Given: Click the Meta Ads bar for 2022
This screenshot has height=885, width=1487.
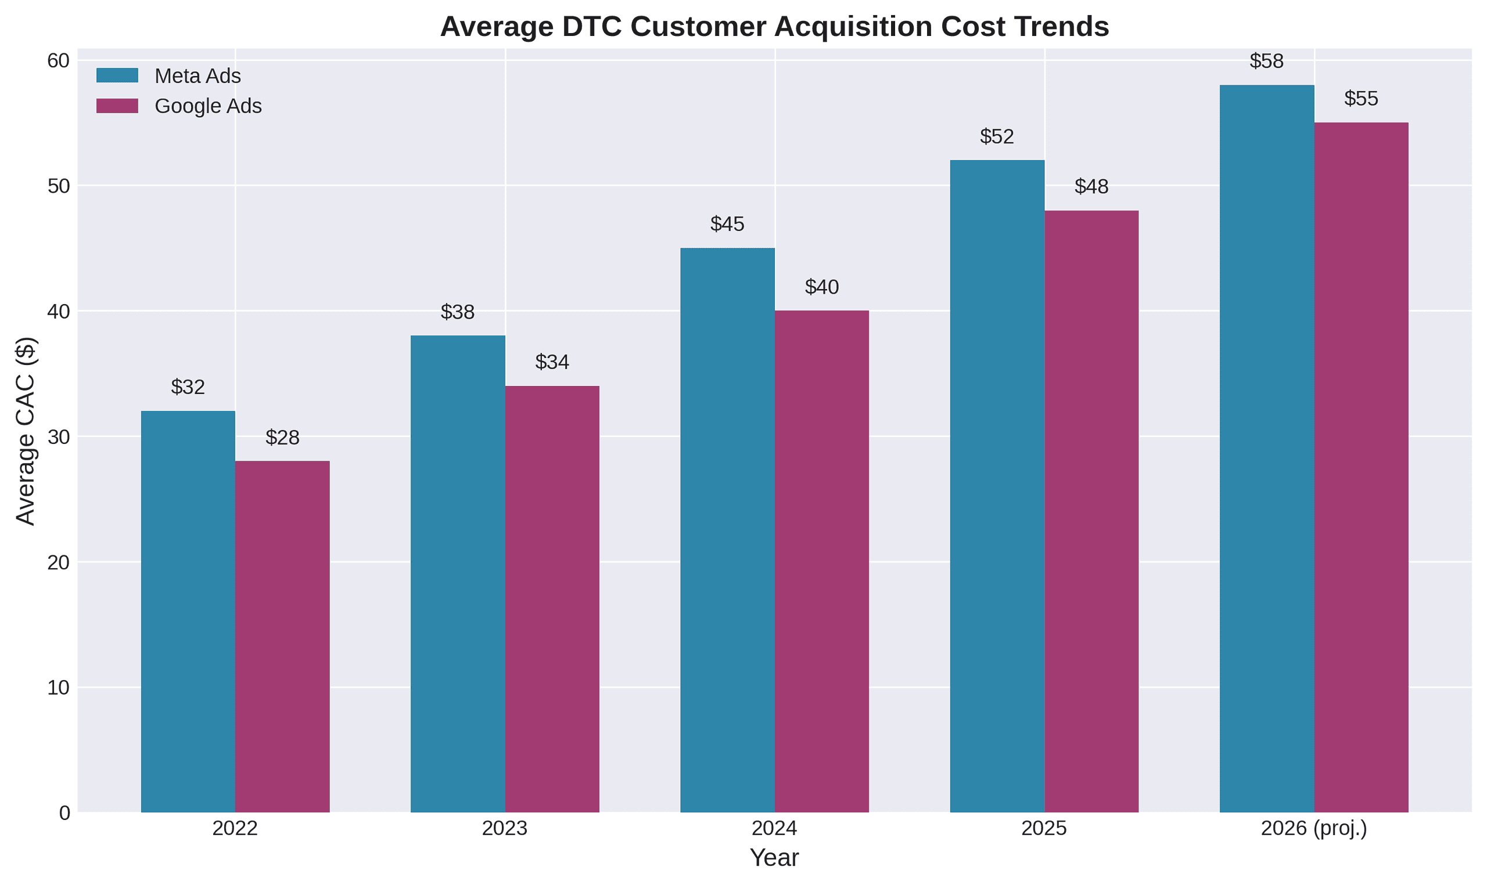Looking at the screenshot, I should tap(188, 611).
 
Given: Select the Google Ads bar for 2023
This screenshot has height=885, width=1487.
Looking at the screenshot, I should tap(552, 599).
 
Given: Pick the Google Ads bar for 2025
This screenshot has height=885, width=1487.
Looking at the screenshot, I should tap(1091, 511).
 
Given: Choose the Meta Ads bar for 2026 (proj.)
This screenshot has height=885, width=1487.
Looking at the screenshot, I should tap(1266, 449).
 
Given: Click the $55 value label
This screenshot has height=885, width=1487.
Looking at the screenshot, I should tap(1361, 99).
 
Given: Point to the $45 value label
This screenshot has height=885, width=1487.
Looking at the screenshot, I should tap(727, 224).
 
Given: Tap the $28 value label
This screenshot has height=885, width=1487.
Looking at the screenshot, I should tap(282, 438).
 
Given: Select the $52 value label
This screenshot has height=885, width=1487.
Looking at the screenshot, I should tap(997, 136).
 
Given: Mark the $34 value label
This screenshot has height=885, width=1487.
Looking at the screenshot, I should tap(552, 362).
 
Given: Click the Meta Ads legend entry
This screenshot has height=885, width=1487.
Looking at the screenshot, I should tap(197, 76).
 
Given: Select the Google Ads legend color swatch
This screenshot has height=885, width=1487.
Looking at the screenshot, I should tap(117, 106).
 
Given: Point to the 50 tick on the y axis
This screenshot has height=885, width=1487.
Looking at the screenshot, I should tap(58, 186).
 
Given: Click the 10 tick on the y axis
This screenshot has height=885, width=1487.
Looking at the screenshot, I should tap(58, 688).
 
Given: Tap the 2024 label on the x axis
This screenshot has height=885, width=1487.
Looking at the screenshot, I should tap(774, 829).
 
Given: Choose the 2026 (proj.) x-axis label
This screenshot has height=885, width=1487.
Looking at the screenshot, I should tap(1314, 829).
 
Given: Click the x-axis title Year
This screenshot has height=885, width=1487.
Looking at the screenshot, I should tap(774, 858).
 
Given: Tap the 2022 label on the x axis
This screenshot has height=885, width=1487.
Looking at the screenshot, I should tap(235, 829).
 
